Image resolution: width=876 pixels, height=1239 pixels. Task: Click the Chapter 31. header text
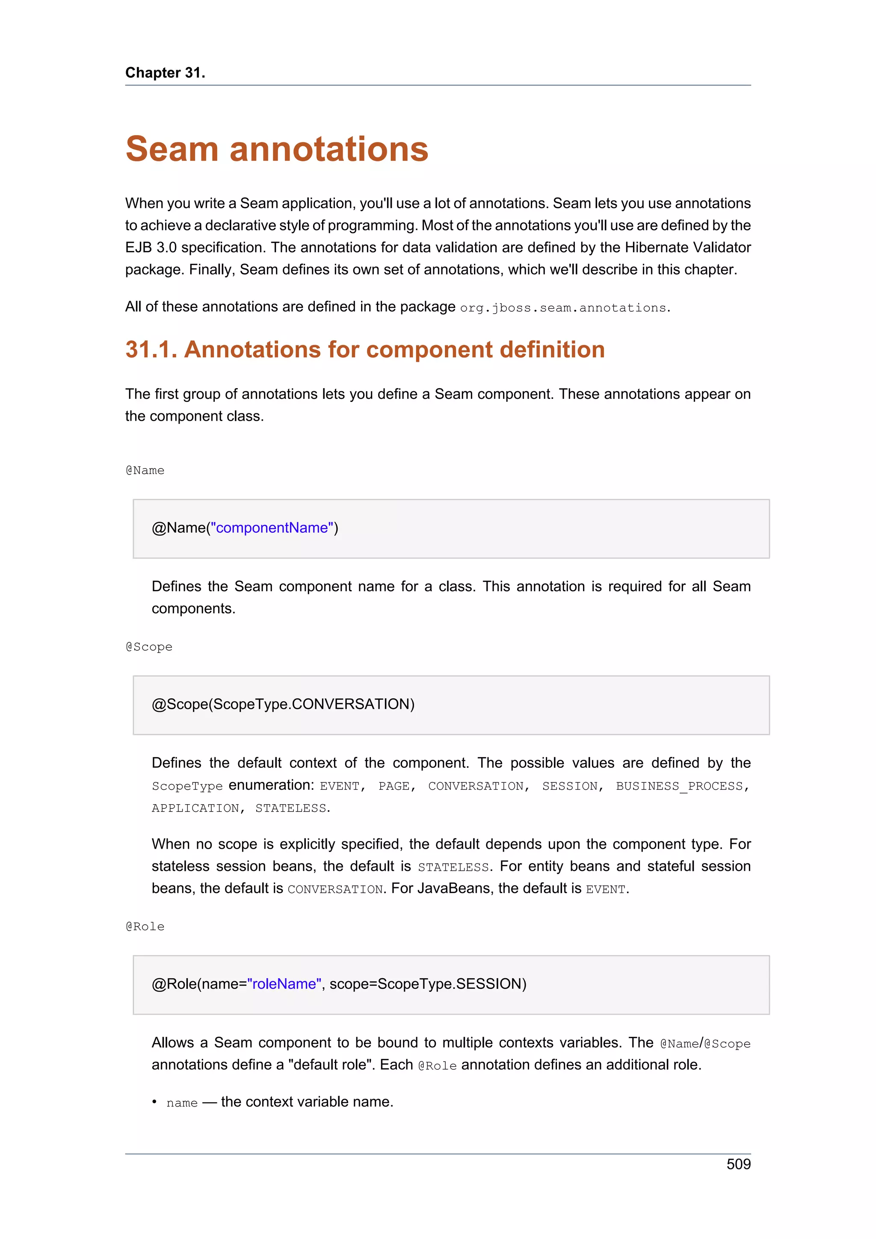pyautogui.click(x=165, y=72)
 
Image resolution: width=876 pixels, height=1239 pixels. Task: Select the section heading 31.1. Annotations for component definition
pyautogui.click(x=365, y=350)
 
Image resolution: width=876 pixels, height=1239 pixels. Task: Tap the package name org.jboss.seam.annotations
pyautogui.click(x=563, y=307)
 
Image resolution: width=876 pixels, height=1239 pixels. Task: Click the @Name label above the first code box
pyautogui.click(x=145, y=471)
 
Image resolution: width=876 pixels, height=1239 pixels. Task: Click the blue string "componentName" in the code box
pyautogui.click(x=272, y=528)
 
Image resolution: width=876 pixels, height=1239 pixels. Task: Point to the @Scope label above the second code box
pyautogui.click(x=149, y=647)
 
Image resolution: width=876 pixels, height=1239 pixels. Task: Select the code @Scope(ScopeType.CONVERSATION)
pyautogui.click(x=283, y=704)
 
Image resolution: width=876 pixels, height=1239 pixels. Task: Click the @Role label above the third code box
pyautogui.click(x=145, y=926)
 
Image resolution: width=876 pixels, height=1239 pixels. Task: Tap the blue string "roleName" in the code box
pyautogui.click(x=284, y=984)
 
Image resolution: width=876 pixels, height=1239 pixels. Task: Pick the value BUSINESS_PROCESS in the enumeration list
pyautogui.click(x=679, y=786)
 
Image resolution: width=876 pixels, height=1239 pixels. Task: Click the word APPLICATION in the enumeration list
pyautogui.click(x=195, y=808)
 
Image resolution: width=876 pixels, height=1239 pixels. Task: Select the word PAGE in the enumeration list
pyautogui.click(x=394, y=786)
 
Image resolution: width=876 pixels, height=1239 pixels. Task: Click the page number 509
pyautogui.click(x=738, y=1164)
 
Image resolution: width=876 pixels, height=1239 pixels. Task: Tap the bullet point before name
pyautogui.click(x=154, y=1102)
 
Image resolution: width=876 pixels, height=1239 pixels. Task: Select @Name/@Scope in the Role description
pyautogui.click(x=705, y=1044)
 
